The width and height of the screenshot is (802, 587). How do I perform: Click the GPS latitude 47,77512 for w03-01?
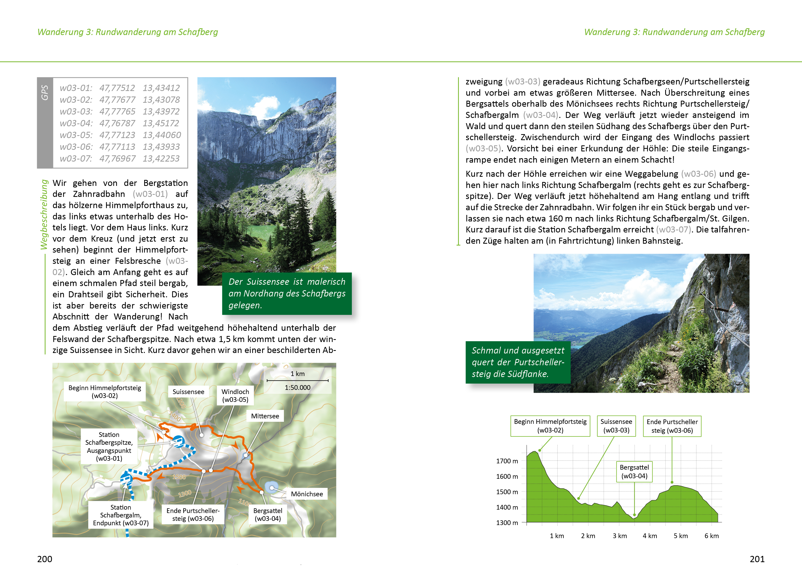117,88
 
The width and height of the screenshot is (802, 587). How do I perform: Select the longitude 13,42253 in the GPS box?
161,158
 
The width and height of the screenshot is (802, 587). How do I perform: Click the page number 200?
45,559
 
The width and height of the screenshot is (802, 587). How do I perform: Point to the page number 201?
757,559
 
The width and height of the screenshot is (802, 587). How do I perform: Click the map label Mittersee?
265,416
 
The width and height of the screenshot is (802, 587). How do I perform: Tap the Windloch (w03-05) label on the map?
235,396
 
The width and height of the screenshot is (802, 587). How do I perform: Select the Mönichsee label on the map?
307,494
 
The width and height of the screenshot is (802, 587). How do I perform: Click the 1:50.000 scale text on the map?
297,387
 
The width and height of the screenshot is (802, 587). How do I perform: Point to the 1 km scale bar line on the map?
297,380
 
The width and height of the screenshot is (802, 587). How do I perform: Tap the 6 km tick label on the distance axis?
711,536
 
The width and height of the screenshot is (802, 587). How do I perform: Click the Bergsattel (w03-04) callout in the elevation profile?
634,471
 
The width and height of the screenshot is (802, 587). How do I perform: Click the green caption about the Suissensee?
287,293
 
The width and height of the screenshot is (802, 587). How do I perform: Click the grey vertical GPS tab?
45,123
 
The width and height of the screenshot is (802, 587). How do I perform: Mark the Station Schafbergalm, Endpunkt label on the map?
121,515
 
